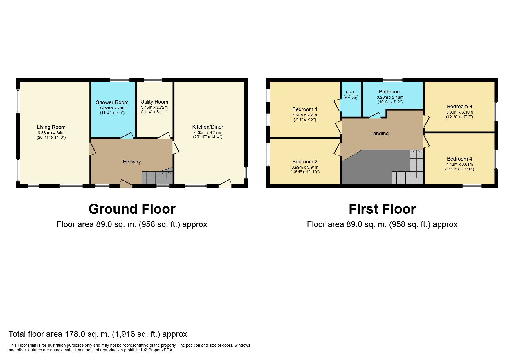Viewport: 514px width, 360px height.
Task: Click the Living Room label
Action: [51, 127]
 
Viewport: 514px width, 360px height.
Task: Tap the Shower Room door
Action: [127, 136]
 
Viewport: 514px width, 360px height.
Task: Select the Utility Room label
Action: [154, 102]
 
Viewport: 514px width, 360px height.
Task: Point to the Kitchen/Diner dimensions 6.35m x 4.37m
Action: [208, 132]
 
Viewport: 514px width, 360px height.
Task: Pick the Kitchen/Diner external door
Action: [225, 183]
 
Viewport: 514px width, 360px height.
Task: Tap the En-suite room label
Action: [351, 93]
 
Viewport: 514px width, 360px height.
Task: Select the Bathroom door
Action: [375, 115]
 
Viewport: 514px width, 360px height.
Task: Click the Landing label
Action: [379, 134]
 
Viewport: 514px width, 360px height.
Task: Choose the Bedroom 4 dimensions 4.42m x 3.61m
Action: [459, 164]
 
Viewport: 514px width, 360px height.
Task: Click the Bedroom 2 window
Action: [268, 154]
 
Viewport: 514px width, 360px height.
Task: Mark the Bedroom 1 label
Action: [305, 109]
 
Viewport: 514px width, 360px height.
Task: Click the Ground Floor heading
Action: [132, 209]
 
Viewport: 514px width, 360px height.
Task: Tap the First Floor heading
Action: [382, 209]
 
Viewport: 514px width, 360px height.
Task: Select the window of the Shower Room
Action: [120, 80]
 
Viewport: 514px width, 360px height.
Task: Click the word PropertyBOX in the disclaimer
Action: [160, 350]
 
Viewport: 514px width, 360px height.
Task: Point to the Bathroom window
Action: [393, 80]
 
